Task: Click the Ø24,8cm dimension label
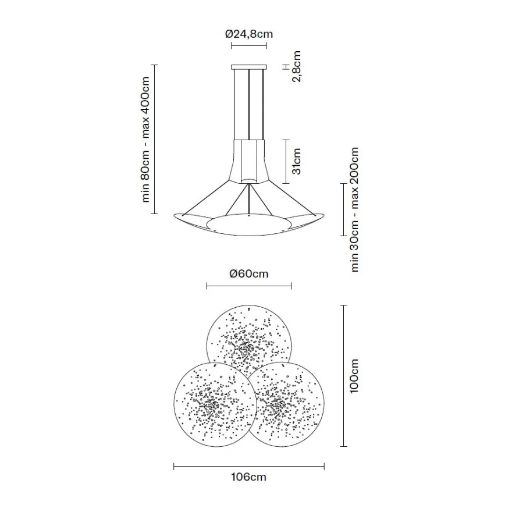[249, 34]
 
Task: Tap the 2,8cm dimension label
[297, 66]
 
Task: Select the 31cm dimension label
[297, 161]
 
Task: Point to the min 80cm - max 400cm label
[145, 140]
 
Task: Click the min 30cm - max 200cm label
[354, 209]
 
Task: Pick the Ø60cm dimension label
[249, 273]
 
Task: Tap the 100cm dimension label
[354, 376]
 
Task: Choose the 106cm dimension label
[249, 477]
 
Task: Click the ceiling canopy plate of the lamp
[249, 67]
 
